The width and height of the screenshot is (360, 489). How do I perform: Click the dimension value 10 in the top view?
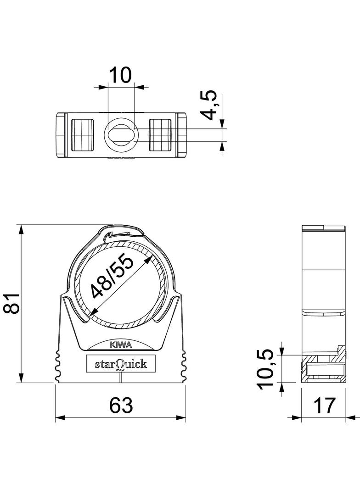(120, 75)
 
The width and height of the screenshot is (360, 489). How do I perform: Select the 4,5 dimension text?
(209, 105)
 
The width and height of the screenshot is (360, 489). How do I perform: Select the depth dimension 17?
(324, 405)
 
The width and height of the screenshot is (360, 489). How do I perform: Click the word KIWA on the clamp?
(121, 345)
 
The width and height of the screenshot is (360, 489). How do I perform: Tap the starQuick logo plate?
(121, 363)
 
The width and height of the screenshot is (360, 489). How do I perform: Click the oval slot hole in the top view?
(121, 135)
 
